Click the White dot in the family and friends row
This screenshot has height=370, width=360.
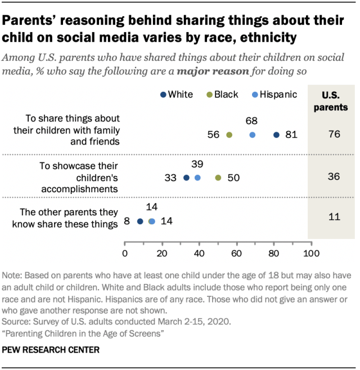click(276, 135)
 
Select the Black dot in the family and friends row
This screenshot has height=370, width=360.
click(229, 135)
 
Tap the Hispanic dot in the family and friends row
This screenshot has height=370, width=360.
click(252, 135)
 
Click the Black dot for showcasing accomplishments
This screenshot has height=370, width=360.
click(218, 178)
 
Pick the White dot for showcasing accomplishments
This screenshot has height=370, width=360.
click(187, 178)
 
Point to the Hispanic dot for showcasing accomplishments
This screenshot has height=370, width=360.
click(197, 178)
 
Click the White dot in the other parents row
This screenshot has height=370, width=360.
click(140, 222)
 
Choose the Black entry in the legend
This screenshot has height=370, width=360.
click(222, 94)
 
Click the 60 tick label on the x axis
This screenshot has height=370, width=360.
click(236, 253)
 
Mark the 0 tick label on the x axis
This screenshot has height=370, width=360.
click(124, 253)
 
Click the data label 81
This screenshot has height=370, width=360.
click(290, 135)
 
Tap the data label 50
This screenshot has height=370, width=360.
click(233, 178)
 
